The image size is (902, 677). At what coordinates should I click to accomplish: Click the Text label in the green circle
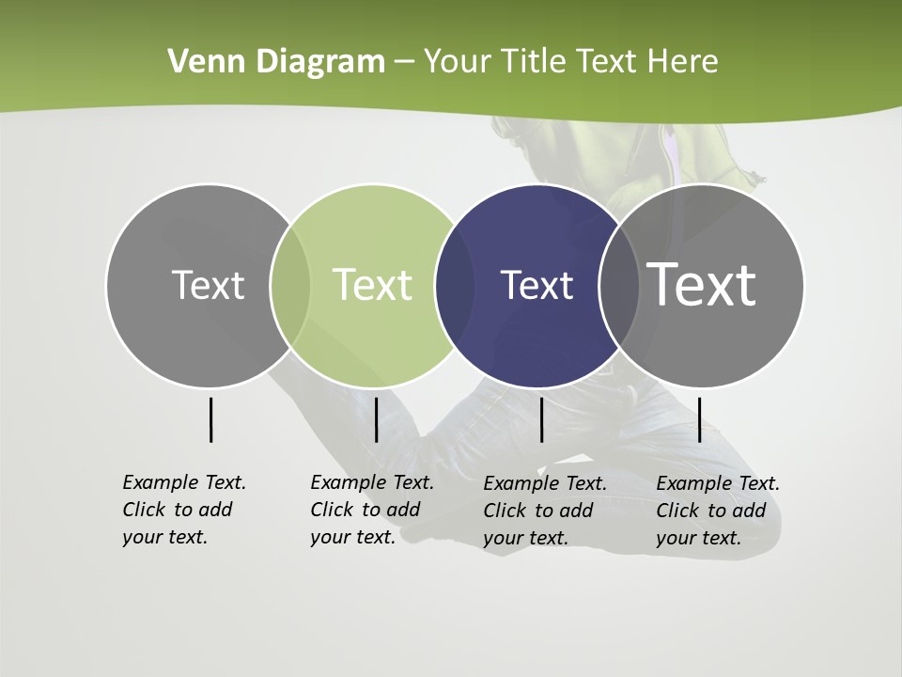(x=373, y=285)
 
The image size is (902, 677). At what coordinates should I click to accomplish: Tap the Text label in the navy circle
(x=537, y=285)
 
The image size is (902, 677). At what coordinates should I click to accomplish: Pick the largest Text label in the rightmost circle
(x=702, y=284)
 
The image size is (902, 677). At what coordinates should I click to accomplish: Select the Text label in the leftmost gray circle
(x=208, y=285)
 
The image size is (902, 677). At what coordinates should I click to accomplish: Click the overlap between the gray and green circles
(x=290, y=285)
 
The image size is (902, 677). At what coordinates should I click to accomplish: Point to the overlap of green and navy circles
(x=455, y=285)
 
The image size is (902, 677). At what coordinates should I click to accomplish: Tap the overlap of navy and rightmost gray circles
(x=619, y=285)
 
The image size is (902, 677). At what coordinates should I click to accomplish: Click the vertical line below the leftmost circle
(x=210, y=419)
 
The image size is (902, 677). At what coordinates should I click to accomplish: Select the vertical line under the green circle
(x=376, y=419)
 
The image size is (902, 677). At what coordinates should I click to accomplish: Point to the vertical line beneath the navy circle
(x=541, y=419)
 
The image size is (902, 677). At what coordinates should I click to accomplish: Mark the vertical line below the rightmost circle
(x=699, y=419)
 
